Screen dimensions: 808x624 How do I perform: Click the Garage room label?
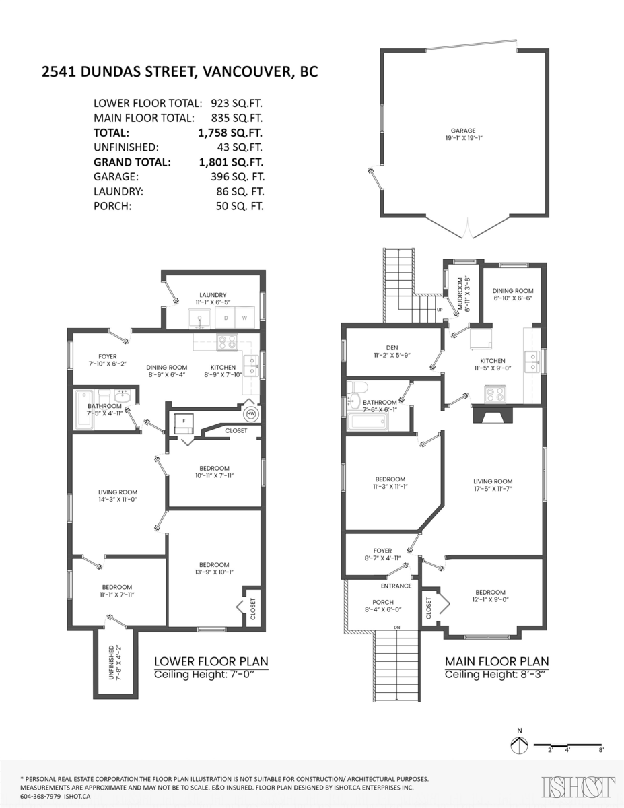point(463,131)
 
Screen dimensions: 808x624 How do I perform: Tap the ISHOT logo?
point(578,786)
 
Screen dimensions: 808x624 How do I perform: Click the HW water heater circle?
point(251,413)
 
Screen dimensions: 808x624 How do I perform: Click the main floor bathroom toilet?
point(357,388)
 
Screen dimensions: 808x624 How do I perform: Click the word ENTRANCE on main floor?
point(396,586)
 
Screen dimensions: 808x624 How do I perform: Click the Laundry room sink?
point(199,318)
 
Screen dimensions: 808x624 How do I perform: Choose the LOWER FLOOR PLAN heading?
point(211,661)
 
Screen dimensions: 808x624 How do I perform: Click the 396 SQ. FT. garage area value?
point(238,176)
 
